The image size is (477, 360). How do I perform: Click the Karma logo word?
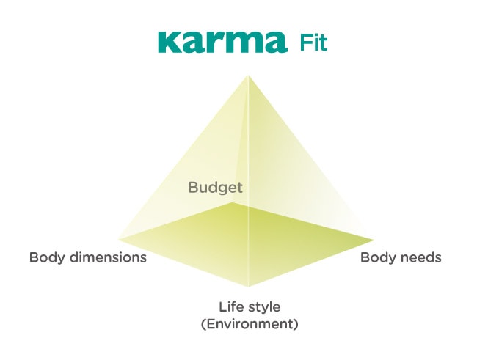[x=222, y=42]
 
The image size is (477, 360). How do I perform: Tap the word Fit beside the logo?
[x=313, y=43]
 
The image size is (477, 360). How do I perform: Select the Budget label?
[x=215, y=188]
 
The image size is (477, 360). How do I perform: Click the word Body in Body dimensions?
[x=47, y=257]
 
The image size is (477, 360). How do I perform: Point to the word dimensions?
[x=109, y=257]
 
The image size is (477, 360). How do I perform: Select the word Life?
[x=229, y=306]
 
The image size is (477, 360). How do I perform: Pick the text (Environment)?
[x=250, y=324]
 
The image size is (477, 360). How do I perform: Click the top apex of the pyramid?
[x=248, y=76]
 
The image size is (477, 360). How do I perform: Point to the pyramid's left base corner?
[x=118, y=239]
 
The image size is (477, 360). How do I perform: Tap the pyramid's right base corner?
[x=374, y=240]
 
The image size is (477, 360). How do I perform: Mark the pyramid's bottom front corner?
[x=248, y=287]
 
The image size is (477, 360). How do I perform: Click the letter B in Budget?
[x=194, y=187]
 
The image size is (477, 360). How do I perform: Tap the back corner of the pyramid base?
[x=233, y=202]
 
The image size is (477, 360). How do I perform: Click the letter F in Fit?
[x=305, y=43]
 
